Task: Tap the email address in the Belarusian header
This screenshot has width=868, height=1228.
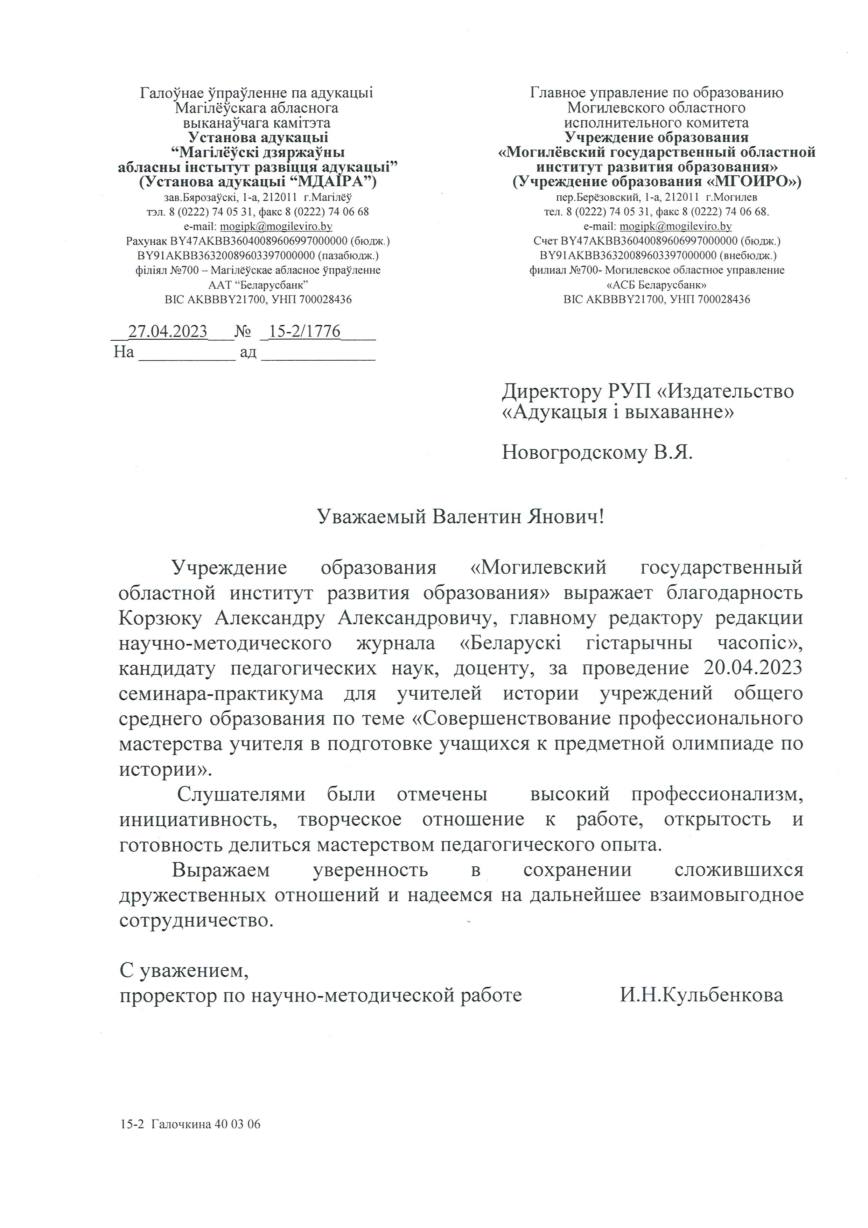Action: point(276,226)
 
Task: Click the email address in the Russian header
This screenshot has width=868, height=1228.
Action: point(675,226)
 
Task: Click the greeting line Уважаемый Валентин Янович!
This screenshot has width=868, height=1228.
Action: point(461,517)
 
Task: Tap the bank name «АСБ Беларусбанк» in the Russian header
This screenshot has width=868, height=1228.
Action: point(657,285)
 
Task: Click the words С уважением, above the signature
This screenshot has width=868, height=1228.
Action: point(184,971)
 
